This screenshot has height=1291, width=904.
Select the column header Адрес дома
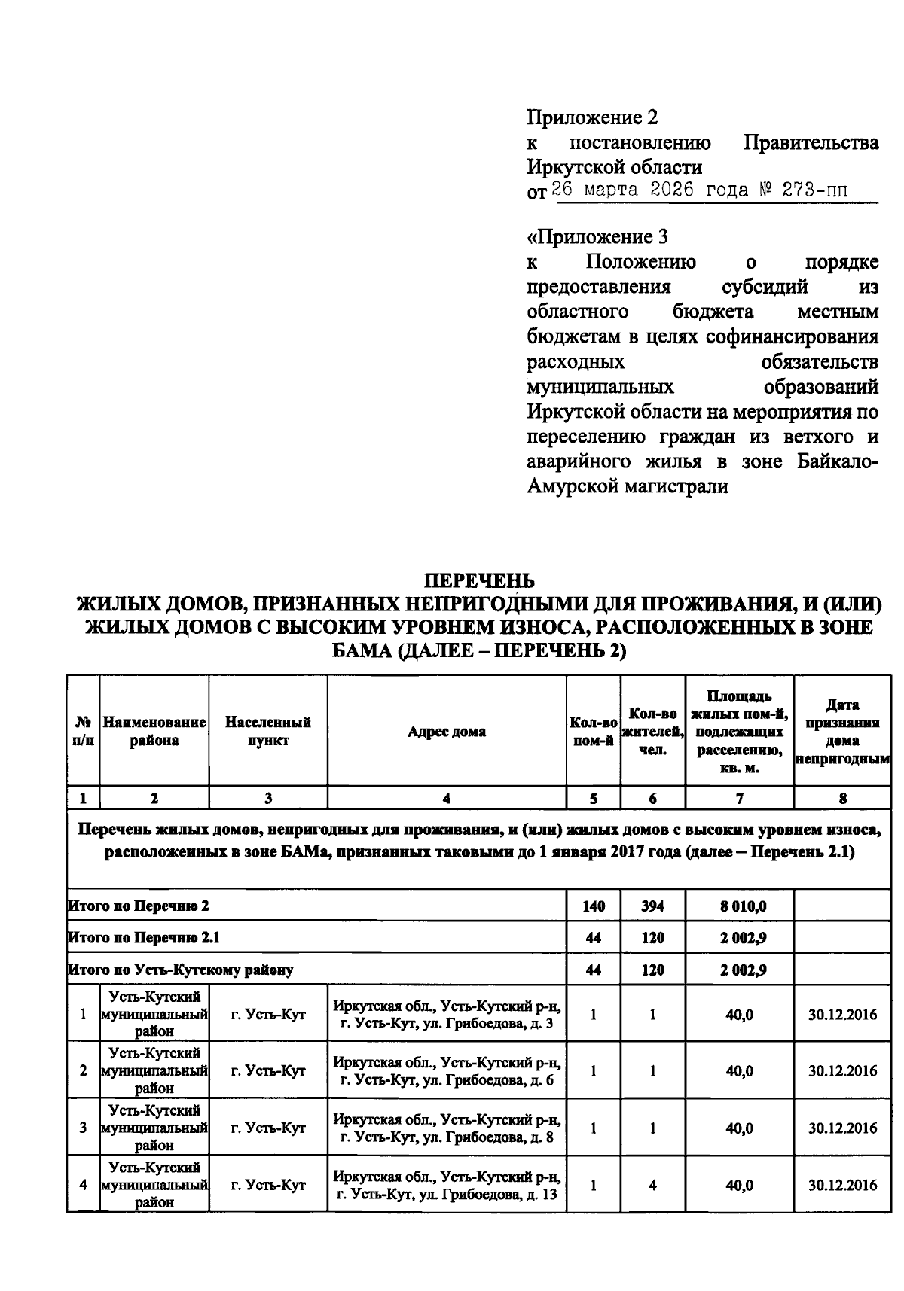tap(446, 732)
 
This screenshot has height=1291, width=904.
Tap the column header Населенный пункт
tap(267, 732)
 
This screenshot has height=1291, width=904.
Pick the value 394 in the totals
tap(652, 906)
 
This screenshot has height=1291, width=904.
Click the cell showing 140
tap(593, 906)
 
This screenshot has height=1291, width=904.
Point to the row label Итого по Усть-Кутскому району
tap(181, 970)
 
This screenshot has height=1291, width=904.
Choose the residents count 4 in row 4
tap(652, 1185)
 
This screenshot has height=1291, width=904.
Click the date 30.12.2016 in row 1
tap(842, 1015)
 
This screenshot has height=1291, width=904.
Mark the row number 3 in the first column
tap(83, 1128)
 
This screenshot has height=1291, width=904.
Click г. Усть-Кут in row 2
tap(267, 1070)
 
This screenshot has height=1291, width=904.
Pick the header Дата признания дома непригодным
tap(842, 732)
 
